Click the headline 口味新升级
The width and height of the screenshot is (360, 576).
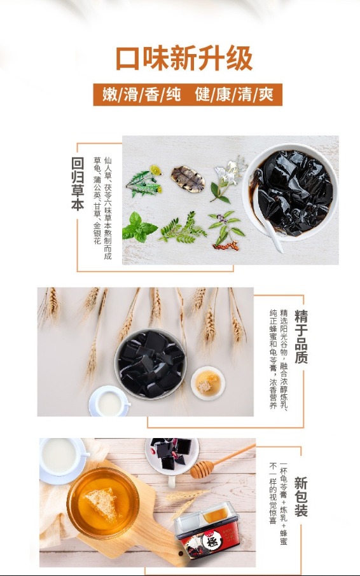(184, 58)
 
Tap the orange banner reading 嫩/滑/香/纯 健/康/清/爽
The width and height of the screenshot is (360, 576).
(188, 94)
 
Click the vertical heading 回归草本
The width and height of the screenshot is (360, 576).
(78, 184)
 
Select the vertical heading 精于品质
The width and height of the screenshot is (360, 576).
(301, 336)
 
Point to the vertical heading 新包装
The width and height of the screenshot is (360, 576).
(301, 497)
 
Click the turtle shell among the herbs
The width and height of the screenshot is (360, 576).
(188, 179)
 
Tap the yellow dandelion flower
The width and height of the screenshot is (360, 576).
(155, 170)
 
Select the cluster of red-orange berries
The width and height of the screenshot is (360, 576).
(226, 246)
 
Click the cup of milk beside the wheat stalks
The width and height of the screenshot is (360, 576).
(109, 402)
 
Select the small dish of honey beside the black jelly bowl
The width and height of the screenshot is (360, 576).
(208, 383)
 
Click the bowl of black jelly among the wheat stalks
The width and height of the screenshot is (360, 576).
(151, 364)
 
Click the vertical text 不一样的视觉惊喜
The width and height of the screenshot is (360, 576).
(273, 493)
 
